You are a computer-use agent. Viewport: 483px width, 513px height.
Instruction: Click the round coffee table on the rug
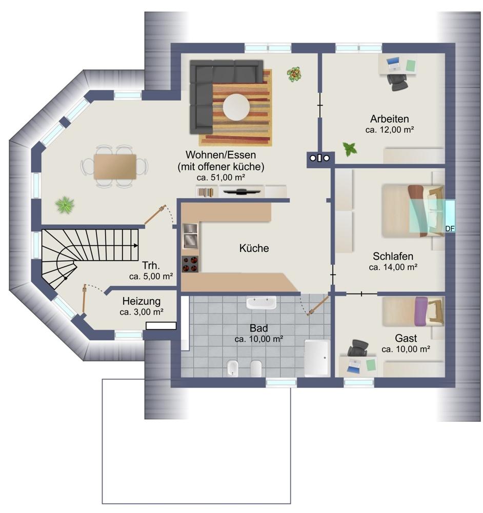236,107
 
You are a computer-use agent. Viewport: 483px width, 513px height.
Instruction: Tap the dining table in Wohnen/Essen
115,167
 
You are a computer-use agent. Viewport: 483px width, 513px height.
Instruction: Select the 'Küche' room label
254,248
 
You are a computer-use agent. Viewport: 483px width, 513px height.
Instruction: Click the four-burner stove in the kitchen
190,264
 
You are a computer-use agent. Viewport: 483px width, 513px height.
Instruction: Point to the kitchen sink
190,236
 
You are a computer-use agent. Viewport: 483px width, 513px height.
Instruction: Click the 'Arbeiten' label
390,119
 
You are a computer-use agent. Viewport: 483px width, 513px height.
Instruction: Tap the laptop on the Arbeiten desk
393,64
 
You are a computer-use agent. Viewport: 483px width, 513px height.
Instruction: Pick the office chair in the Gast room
357,348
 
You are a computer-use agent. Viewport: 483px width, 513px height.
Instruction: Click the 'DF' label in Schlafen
450,229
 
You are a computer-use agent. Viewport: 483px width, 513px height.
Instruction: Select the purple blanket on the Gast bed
421,311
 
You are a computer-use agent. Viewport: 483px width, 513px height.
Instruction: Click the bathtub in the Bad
316,358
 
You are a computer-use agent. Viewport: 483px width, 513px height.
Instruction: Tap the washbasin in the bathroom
261,303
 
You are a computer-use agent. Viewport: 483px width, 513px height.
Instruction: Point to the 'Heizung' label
142,301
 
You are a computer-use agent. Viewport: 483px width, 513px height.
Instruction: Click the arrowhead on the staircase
135,245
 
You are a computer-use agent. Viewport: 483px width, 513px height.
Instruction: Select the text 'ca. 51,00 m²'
221,177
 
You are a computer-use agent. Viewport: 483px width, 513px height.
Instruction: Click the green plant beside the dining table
65,205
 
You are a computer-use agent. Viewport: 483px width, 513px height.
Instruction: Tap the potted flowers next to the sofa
294,74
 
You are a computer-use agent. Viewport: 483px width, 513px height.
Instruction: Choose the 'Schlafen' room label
393,256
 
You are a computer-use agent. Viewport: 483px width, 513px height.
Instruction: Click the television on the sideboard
241,191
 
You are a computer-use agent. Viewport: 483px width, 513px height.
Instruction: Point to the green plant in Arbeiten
350,149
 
